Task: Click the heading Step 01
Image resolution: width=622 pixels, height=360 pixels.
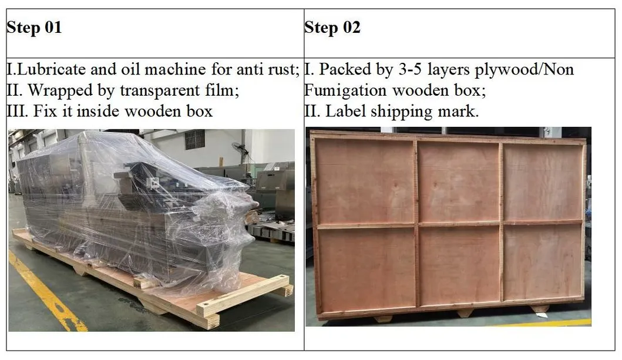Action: (34, 28)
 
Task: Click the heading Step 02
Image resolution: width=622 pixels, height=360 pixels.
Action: (332, 28)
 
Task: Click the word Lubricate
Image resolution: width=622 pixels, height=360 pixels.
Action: (46, 70)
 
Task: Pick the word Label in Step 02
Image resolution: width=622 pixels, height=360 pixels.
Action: (343, 111)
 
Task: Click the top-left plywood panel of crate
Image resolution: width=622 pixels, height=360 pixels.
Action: (365, 181)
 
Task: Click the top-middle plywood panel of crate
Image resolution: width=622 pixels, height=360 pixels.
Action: (458, 181)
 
